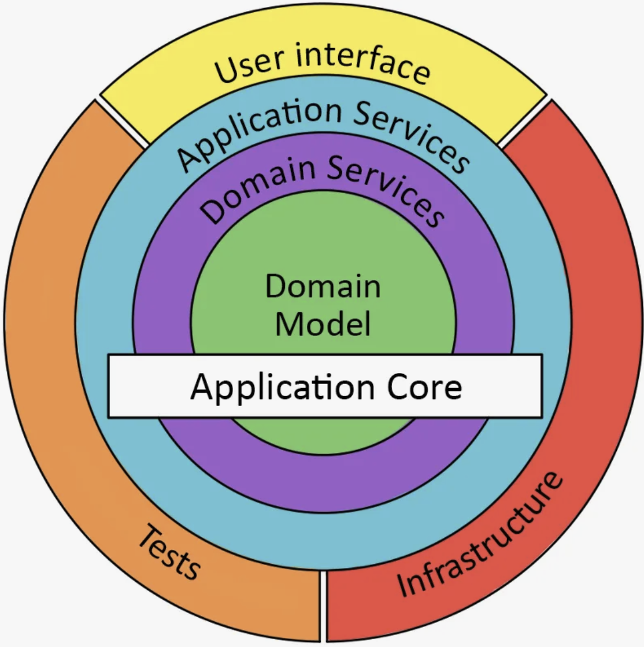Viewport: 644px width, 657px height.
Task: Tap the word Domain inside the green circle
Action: (323, 286)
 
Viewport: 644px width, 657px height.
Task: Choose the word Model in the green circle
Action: (323, 324)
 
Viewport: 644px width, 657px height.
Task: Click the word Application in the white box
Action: (282, 387)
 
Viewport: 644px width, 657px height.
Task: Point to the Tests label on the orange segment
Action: (168, 552)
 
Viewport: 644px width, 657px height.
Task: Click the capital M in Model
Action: (288, 324)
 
